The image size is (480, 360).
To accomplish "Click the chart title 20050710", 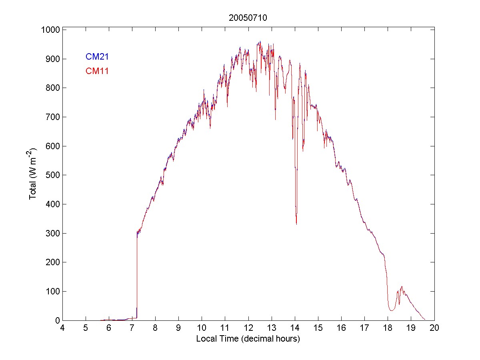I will tap(248, 18).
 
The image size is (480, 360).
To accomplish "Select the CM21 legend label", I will tap(97, 57).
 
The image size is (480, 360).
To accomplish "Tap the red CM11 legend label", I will tap(97, 71).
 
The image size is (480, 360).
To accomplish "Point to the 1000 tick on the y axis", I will tap(50, 30).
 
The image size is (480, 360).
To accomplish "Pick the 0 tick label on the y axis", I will tap(57, 320).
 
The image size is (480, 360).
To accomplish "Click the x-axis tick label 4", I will tap(62, 328).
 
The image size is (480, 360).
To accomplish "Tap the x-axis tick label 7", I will tap(132, 328).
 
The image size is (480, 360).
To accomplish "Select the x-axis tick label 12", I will tap(248, 328).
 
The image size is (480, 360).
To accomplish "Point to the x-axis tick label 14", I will tap(295, 328).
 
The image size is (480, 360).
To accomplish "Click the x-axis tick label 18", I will tap(388, 328).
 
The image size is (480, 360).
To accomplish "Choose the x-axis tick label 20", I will tap(434, 328).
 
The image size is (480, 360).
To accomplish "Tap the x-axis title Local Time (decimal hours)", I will tap(248, 339).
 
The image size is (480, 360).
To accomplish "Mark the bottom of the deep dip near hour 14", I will tap(296, 224).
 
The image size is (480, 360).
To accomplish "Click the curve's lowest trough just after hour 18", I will tap(392, 310).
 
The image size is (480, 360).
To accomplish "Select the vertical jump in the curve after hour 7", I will tap(137, 276).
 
